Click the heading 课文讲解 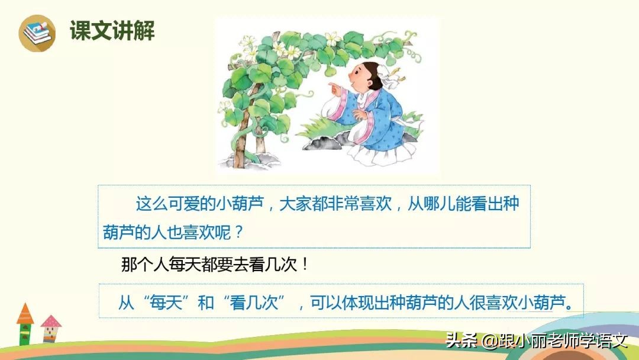click(112, 31)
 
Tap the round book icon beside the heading click(37, 33)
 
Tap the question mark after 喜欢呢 click(238, 231)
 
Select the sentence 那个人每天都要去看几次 click(208, 265)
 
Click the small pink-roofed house click(51, 327)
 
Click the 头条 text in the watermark click(460, 341)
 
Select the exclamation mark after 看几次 click(305, 265)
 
